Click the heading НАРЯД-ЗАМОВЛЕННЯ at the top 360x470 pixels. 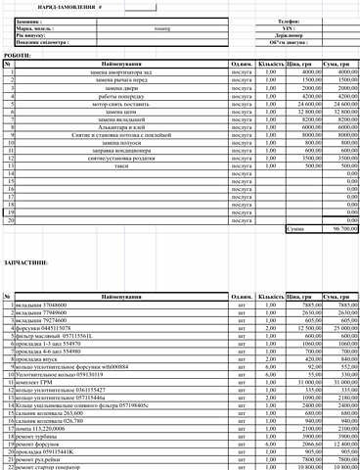(x=61, y=7)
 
